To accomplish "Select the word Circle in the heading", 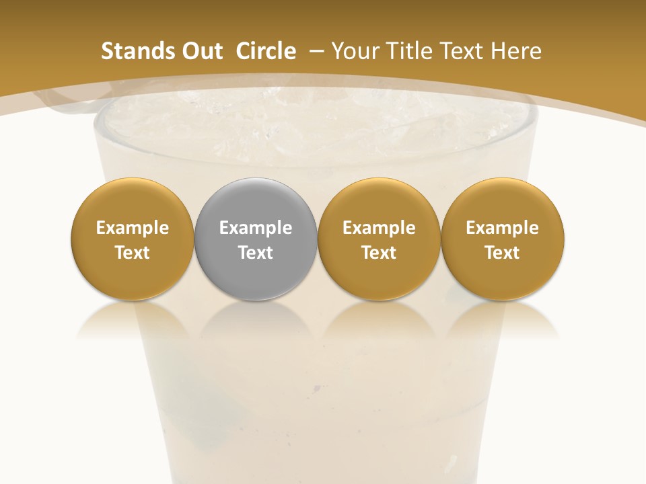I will click(266, 51).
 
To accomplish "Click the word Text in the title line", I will click(464, 51).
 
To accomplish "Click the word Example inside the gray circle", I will click(256, 228).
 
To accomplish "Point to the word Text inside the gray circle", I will click(256, 253).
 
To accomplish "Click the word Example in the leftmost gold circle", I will click(132, 228).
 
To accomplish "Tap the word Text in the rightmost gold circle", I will click(502, 253).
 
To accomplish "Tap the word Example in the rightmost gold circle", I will click(502, 228).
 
